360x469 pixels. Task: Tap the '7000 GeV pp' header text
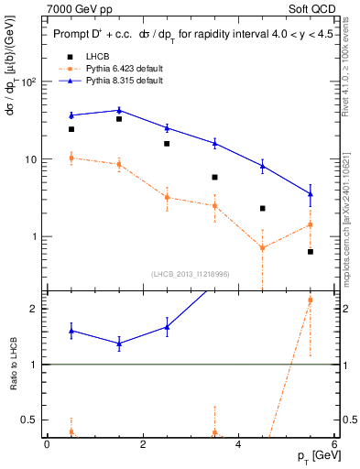point(76,9)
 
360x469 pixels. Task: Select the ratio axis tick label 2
point(32,309)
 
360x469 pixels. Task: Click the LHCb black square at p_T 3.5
point(214,177)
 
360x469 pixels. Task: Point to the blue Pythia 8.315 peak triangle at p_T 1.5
point(119,110)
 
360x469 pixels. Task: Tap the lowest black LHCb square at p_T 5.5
point(311,251)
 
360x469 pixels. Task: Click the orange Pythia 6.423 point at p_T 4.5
point(263,247)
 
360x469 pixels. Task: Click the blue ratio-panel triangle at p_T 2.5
point(167,326)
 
